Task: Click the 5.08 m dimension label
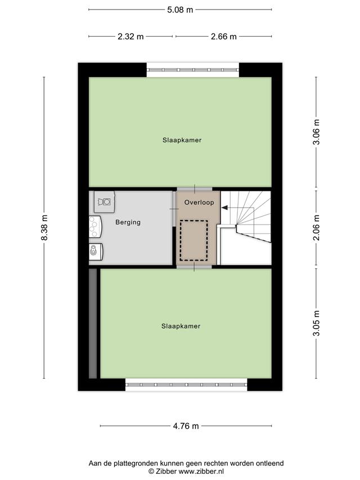180,10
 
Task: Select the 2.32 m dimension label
130,37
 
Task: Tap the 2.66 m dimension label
223,37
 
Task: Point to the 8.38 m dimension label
44,227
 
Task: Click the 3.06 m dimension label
316,132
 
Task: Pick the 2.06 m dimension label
316,227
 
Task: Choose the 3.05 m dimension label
316,323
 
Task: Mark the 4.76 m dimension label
186,426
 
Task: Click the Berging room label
128,222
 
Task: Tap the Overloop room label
199,203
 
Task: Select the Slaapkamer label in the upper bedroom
182,140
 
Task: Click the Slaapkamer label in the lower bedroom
181,326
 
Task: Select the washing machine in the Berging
105,202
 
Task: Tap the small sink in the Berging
96,252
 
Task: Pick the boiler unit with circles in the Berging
95,227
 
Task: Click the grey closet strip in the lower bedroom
93,324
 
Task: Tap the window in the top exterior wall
193,70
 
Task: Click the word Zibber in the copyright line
166,472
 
